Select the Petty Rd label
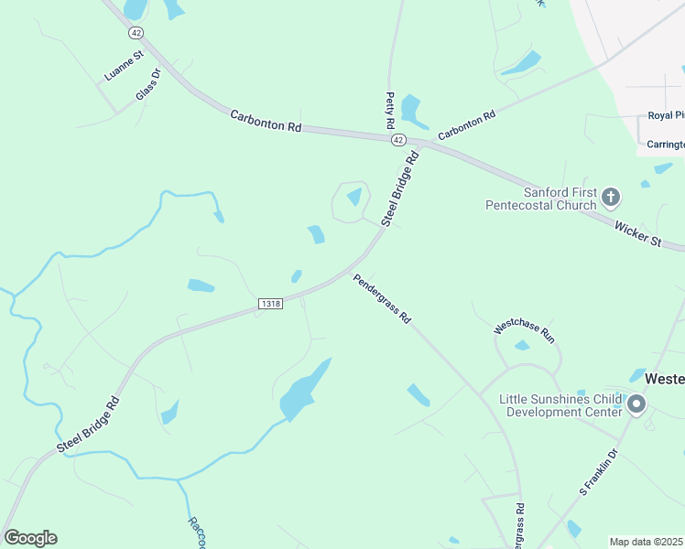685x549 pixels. (x=389, y=110)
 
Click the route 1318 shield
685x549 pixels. (x=270, y=304)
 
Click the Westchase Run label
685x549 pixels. (x=525, y=331)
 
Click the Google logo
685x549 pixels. (x=30, y=538)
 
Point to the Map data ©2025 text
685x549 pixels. (x=647, y=542)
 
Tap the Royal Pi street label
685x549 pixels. (x=666, y=115)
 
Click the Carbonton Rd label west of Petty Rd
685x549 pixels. (x=266, y=122)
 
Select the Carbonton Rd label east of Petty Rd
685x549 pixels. (x=466, y=125)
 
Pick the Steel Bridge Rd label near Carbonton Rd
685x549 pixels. (x=400, y=189)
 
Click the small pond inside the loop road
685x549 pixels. (x=354, y=196)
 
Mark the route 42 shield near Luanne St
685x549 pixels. (x=136, y=33)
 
